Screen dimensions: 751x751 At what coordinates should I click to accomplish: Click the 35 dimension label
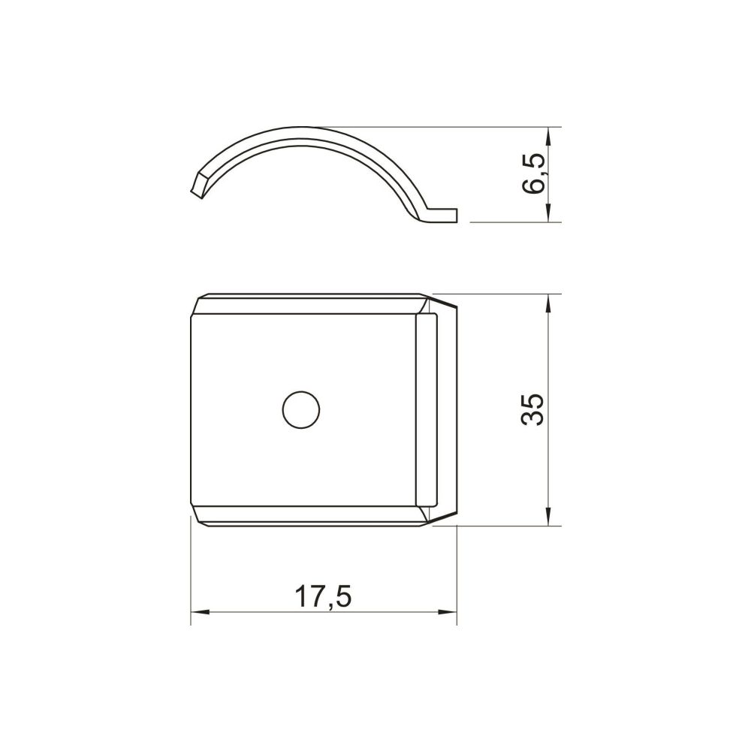(x=532, y=409)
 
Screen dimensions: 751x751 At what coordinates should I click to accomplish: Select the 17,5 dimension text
(x=323, y=597)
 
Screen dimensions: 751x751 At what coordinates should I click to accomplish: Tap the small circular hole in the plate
(x=301, y=410)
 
